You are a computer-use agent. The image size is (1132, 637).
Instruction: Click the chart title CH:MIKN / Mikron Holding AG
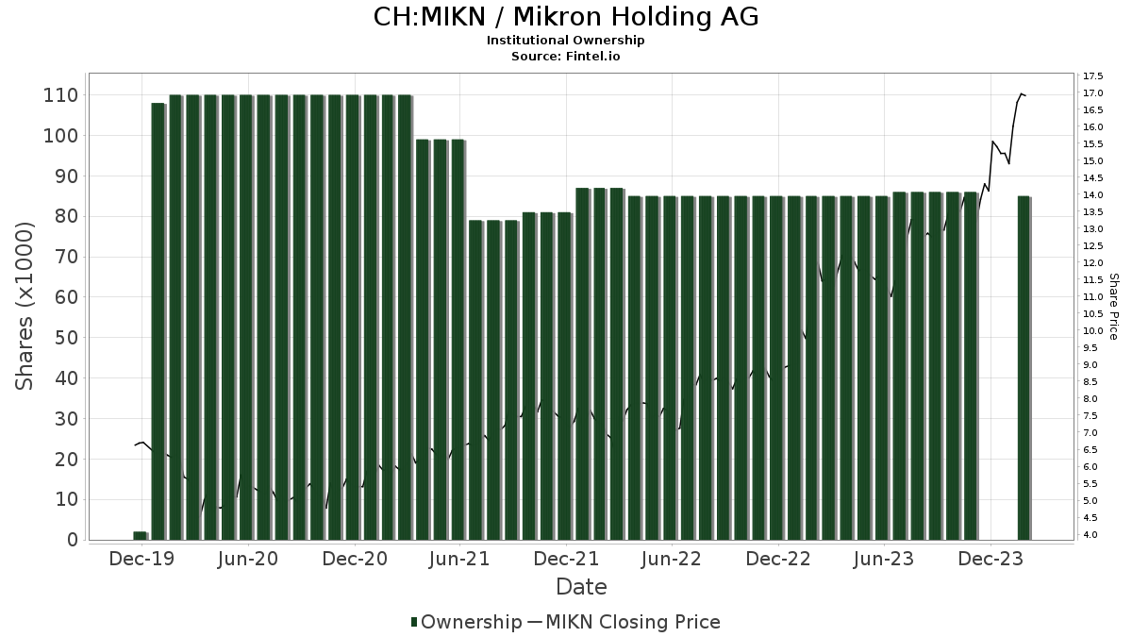pyautogui.click(x=566, y=17)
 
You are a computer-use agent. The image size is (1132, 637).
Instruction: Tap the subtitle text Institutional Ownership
pyautogui.click(x=566, y=41)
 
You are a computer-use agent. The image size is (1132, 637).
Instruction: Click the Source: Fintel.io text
pyautogui.click(x=566, y=56)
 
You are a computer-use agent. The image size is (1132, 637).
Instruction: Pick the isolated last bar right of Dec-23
pyautogui.click(x=1024, y=368)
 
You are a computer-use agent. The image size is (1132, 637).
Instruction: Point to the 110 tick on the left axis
pyautogui.click(x=58, y=95)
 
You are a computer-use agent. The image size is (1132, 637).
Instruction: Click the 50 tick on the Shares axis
pyautogui.click(x=64, y=338)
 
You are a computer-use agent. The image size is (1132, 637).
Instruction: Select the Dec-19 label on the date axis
pyautogui.click(x=141, y=559)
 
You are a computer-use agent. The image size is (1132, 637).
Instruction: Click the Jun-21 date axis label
pyautogui.click(x=459, y=559)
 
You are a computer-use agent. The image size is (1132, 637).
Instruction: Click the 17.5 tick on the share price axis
pyautogui.click(x=1094, y=75)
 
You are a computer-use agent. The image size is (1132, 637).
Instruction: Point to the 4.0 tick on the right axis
pyautogui.click(x=1091, y=535)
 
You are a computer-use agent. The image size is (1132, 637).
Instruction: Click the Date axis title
pyautogui.click(x=581, y=587)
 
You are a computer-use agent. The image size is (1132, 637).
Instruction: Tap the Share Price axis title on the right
pyautogui.click(x=1113, y=306)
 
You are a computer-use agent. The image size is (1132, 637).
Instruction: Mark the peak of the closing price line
pyautogui.click(x=1021, y=93)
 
